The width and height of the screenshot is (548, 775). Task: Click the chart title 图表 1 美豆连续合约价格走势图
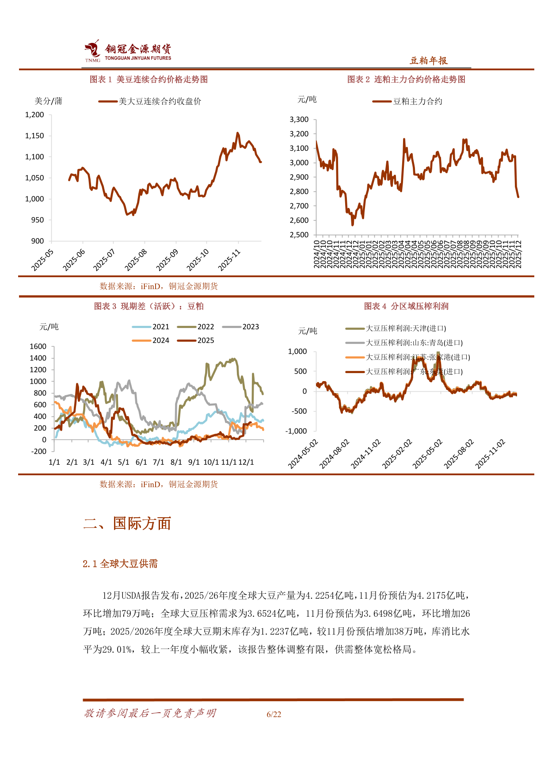[x=148, y=80]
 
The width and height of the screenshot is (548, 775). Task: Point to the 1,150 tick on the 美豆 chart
[x=34, y=136]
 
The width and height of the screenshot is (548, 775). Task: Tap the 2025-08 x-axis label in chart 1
[x=136, y=260]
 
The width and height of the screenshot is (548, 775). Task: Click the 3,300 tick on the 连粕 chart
[x=299, y=119]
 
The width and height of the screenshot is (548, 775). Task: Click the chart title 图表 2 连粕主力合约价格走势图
[x=406, y=80]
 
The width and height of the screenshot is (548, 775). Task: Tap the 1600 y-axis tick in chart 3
[x=38, y=346]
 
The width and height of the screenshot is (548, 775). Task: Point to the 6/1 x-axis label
[x=141, y=462]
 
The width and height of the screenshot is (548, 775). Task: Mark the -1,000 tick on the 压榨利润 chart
[x=296, y=431]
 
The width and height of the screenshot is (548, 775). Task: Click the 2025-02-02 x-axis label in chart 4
[x=397, y=454]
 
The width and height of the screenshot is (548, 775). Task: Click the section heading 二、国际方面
[x=127, y=523]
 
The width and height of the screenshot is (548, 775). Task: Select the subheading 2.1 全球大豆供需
[x=120, y=564]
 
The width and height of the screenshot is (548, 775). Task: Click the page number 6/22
[x=274, y=714]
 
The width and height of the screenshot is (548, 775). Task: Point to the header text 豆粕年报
[x=429, y=61]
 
